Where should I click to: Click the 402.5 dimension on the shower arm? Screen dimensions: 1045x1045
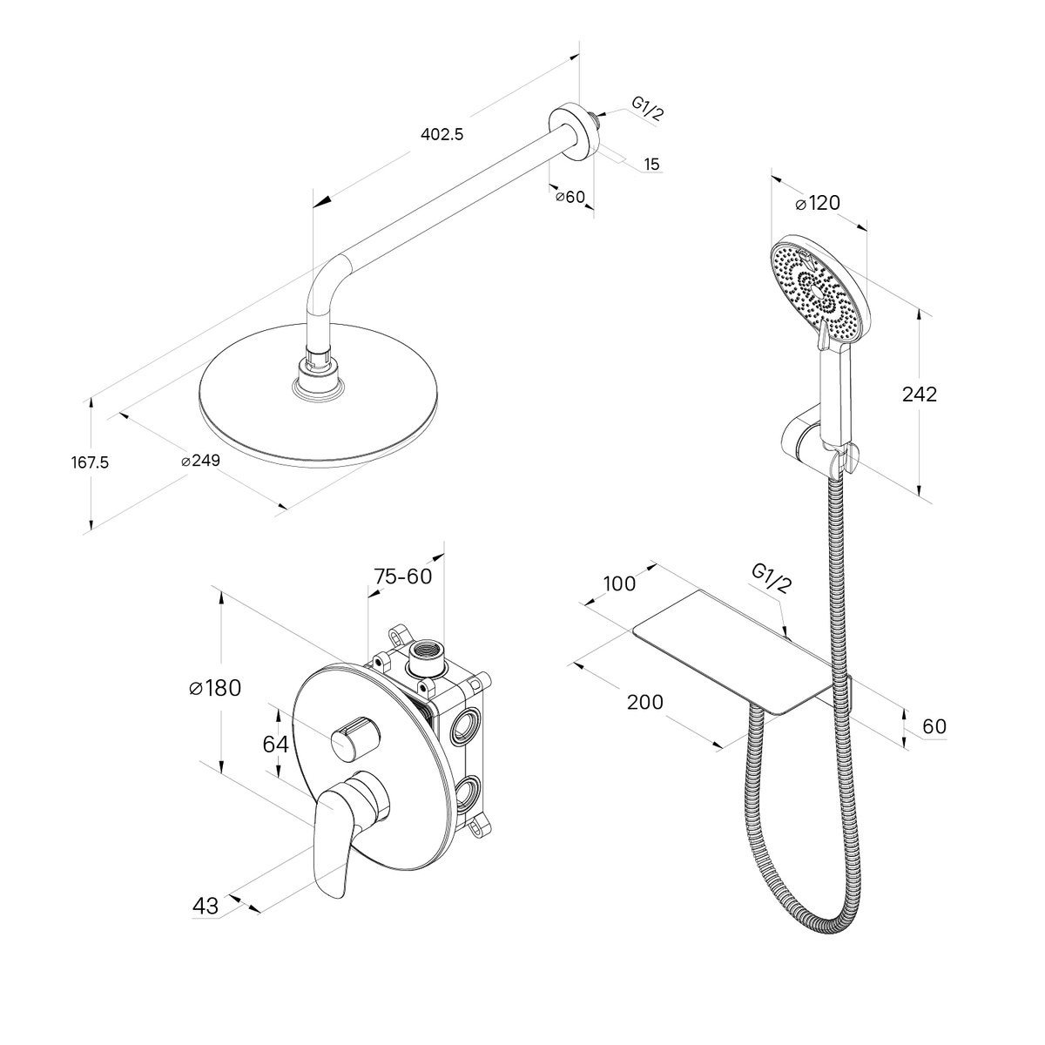[x=443, y=134]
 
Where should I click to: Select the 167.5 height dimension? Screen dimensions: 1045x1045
[x=90, y=462]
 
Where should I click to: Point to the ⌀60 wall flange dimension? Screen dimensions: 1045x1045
[x=570, y=197]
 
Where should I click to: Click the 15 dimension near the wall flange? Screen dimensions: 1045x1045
[x=651, y=164]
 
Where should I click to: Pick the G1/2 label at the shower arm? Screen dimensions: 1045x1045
[x=647, y=109]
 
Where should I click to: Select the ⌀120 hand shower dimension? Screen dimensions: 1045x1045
[x=818, y=204]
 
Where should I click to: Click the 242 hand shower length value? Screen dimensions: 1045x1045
[x=920, y=394]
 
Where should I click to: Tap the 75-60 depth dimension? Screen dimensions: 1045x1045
[x=402, y=576]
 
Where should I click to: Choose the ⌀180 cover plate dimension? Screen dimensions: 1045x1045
[x=214, y=688]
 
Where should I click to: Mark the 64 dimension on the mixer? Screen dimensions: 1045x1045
[x=275, y=744]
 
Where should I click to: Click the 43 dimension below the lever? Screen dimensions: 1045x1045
[x=206, y=906]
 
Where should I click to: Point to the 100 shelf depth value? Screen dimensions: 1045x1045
[x=619, y=583]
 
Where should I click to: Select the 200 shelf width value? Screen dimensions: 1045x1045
[x=645, y=702]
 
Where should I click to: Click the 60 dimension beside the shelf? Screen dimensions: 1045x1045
[x=933, y=726]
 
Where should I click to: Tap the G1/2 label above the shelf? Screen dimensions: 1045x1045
[x=772, y=578]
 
